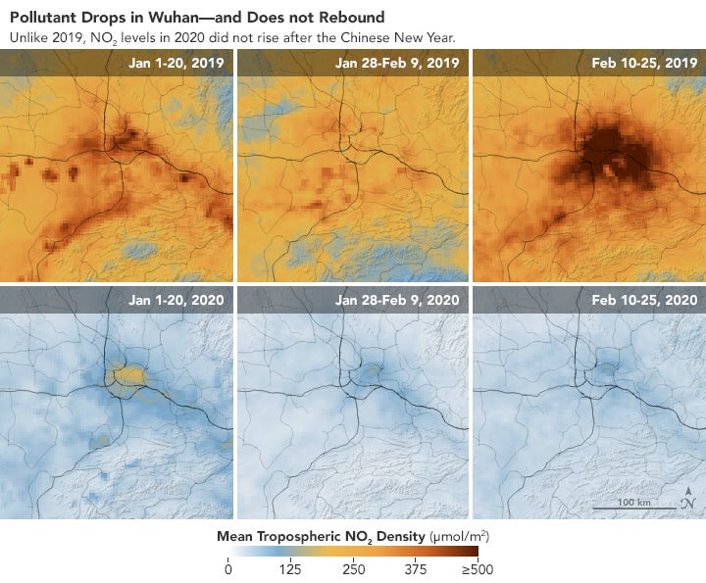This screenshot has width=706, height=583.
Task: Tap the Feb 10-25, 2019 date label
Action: point(644,63)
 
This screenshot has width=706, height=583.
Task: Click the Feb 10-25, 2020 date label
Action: point(644,300)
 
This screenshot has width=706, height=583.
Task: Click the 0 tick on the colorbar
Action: point(228,571)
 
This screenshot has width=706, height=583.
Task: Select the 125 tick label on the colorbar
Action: point(290,571)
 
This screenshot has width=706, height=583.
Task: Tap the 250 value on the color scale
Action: point(353,571)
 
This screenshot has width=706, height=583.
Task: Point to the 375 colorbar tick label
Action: point(415,571)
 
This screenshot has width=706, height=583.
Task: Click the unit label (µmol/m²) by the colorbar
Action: point(460,537)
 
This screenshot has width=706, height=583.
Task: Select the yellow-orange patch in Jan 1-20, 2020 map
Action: point(127,373)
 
